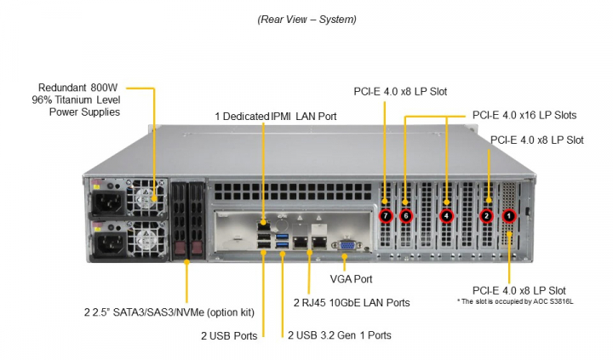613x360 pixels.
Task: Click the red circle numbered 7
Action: tap(386, 216)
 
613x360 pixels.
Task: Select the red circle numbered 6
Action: tap(406, 216)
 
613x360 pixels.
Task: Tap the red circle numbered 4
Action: tap(447, 216)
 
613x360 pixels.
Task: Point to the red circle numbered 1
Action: tap(509, 216)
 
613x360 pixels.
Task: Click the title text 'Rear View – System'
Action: tap(306, 19)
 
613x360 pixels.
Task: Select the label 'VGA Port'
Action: tap(351, 278)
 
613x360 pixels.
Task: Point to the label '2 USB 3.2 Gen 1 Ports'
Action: tap(339, 335)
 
